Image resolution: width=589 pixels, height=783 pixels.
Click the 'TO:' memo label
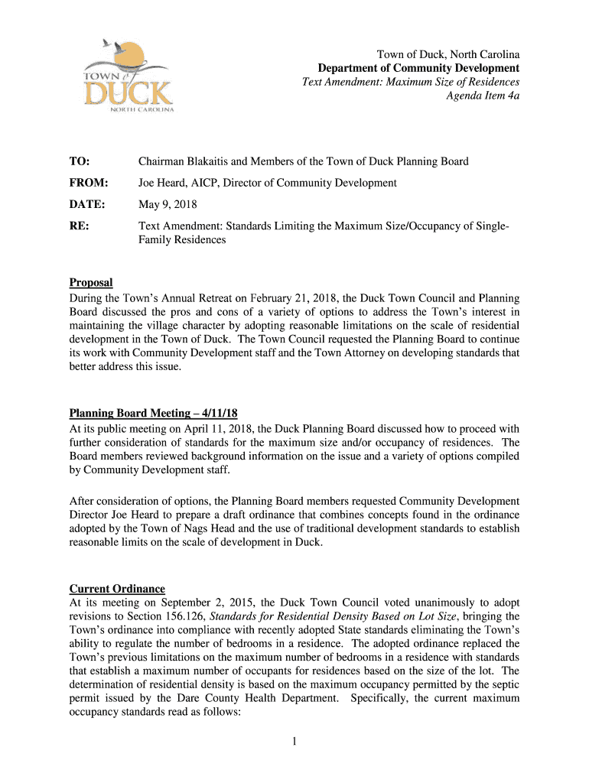(x=80, y=161)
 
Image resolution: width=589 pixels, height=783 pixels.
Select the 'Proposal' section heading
(x=91, y=283)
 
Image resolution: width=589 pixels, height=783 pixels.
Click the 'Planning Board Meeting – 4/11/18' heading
(x=158, y=414)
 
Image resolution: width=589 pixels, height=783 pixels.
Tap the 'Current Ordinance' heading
(x=117, y=588)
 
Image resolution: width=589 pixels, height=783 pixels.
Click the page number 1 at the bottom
(x=294, y=742)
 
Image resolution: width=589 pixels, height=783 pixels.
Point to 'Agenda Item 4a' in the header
(x=483, y=96)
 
